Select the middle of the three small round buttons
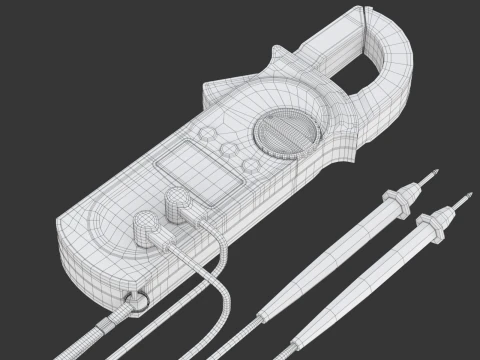click(229, 151)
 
